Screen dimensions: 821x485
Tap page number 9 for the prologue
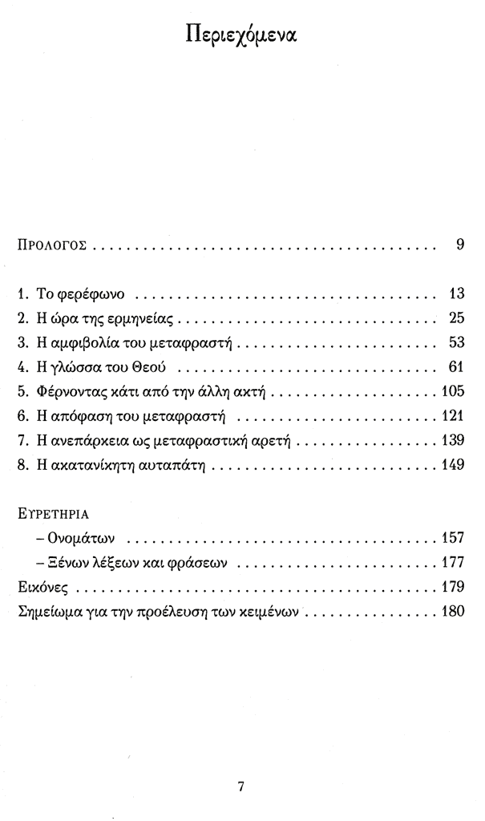tap(460, 245)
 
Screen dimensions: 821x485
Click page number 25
tap(456, 317)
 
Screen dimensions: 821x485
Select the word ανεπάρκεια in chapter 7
tap(83, 442)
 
